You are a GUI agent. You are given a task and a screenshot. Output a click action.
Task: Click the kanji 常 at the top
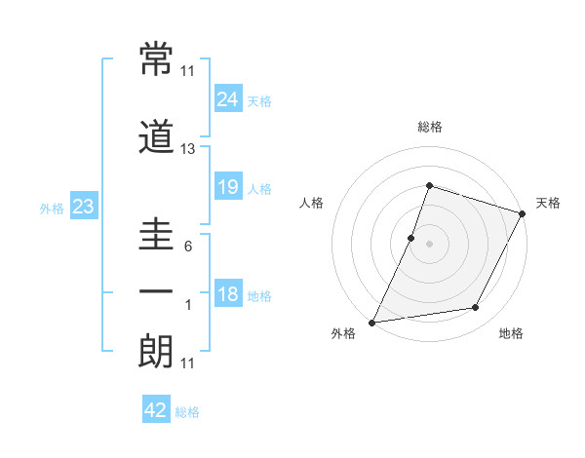156,59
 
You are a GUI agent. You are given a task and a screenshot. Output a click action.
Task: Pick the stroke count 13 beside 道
188,149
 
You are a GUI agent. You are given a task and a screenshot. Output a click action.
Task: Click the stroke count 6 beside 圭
188,247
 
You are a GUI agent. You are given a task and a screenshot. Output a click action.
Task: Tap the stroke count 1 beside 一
188,305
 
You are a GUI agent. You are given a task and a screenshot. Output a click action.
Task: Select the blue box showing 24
228,98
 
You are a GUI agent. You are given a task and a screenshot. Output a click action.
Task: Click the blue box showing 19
228,186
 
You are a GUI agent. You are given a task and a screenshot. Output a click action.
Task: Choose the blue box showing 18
228,294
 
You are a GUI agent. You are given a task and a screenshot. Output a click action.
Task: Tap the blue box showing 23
83,207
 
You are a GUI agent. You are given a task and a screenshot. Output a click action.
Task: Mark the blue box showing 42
156,410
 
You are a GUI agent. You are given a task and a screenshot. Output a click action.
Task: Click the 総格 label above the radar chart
429,127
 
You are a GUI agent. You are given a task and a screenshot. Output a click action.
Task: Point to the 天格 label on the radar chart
548,203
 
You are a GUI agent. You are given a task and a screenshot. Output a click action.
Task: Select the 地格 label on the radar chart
511,333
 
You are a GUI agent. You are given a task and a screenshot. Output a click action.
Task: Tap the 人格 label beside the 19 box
259,188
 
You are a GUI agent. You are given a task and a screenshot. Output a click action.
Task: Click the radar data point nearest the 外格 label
372,322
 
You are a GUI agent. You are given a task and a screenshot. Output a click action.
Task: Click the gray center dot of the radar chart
429,244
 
